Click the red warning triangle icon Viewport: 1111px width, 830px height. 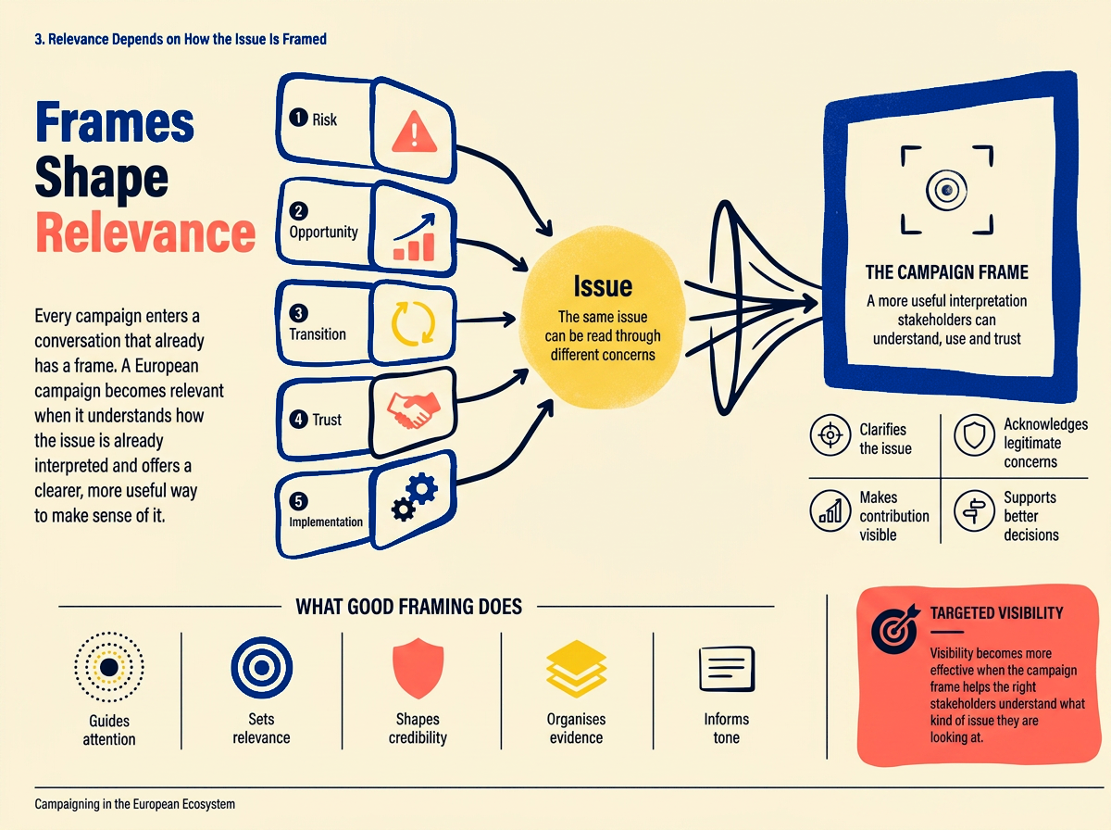(x=414, y=132)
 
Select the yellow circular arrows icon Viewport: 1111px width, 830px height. (x=413, y=323)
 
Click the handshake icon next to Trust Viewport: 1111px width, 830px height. (x=413, y=409)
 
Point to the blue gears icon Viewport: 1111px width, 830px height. (x=415, y=497)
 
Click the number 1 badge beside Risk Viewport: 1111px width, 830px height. (x=298, y=118)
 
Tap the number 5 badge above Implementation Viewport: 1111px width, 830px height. (x=298, y=501)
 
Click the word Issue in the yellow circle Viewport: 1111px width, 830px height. (x=603, y=286)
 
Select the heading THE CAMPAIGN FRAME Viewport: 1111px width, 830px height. (x=946, y=272)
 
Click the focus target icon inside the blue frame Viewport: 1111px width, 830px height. (x=946, y=191)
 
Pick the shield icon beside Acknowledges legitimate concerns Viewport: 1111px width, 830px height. (x=974, y=435)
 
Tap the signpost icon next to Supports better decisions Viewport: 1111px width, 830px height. (x=974, y=511)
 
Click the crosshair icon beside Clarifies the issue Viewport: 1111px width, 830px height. (x=830, y=435)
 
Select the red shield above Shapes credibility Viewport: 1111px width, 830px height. (x=418, y=668)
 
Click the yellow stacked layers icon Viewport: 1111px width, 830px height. (x=576, y=669)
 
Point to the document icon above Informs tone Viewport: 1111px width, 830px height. (x=727, y=669)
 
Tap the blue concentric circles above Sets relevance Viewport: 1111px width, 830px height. (x=262, y=668)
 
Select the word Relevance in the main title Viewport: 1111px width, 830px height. (x=145, y=233)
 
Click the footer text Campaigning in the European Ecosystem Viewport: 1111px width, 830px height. (x=134, y=804)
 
